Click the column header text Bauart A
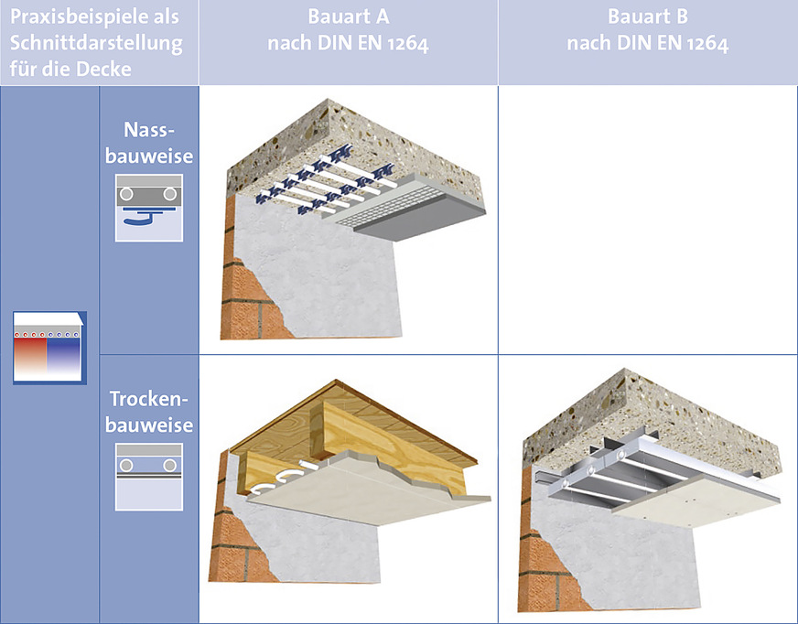pos(349,16)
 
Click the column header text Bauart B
pos(648,16)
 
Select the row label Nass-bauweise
pos(149,143)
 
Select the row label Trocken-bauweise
pos(149,411)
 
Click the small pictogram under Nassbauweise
pos(149,208)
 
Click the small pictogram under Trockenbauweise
pos(149,477)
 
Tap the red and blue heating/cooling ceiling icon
pos(49,348)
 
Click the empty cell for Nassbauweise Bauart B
pos(648,220)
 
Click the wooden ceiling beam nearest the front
pos(392,443)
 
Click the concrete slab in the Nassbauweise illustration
pos(356,147)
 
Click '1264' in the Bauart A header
pos(408,44)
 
